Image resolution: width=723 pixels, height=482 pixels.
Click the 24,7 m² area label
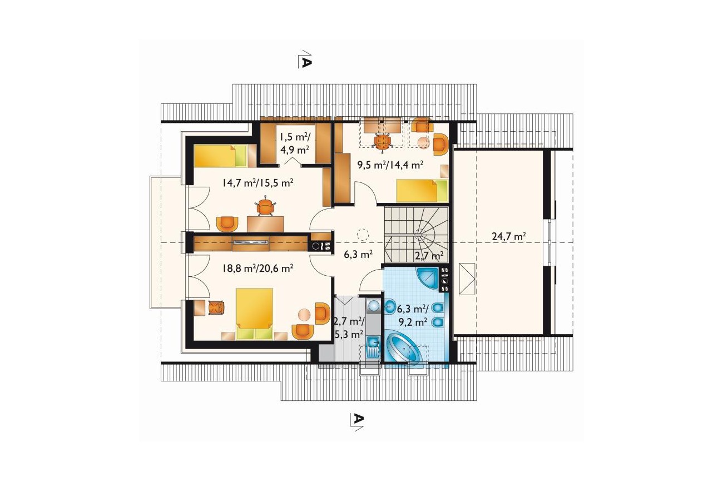click(509, 236)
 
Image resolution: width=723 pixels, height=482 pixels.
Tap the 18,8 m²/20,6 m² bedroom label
click(257, 268)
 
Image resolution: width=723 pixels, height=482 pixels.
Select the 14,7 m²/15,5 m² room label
click(257, 183)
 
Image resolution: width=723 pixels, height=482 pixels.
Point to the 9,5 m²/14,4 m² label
click(390, 165)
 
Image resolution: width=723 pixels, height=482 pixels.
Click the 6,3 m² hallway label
click(358, 255)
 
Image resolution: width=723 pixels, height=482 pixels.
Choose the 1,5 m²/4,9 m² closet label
click(295, 143)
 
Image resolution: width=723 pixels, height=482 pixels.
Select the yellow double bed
click(254, 314)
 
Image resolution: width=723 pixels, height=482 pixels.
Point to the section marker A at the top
click(304, 59)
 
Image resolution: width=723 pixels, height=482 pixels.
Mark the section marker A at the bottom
click(357, 421)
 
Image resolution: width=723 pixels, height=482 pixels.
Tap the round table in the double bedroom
click(304, 314)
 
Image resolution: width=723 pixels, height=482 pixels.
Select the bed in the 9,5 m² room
click(422, 191)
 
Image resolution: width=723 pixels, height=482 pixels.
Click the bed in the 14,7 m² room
click(220, 156)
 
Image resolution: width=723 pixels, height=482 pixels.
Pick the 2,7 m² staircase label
click(429, 256)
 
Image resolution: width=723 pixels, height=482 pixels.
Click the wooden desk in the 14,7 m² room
click(265, 224)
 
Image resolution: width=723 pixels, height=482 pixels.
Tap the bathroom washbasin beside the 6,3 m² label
click(390, 307)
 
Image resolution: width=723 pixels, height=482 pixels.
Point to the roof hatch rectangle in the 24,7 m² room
click(467, 279)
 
